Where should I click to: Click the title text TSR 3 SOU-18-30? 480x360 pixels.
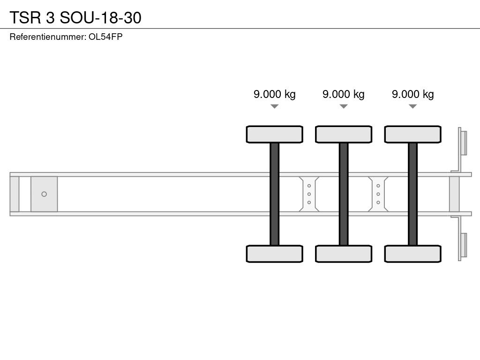[75, 17]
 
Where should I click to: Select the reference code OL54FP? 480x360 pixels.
[105, 37]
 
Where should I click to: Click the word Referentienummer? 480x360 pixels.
[47, 37]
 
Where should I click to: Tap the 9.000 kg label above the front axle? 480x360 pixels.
[275, 94]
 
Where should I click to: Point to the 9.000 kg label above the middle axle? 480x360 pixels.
[344, 94]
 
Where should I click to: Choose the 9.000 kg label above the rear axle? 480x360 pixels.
[412, 94]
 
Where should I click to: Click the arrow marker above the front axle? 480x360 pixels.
[275, 106]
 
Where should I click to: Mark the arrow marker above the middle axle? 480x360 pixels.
[344, 106]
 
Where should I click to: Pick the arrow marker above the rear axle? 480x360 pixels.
[412, 106]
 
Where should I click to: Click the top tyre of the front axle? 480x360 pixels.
[275, 134]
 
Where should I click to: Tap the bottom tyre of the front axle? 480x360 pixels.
[275, 254]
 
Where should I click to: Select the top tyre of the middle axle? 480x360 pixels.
[344, 134]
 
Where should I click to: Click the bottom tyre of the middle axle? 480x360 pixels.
[344, 254]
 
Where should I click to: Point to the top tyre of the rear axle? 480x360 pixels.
[412, 134]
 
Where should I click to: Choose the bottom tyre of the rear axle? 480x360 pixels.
[412, 254]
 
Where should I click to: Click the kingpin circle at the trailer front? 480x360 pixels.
[44, 194]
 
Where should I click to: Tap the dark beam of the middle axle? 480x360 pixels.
[344, 194]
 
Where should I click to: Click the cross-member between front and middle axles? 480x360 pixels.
[309, 194]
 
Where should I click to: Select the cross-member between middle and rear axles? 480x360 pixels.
[378, 194]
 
